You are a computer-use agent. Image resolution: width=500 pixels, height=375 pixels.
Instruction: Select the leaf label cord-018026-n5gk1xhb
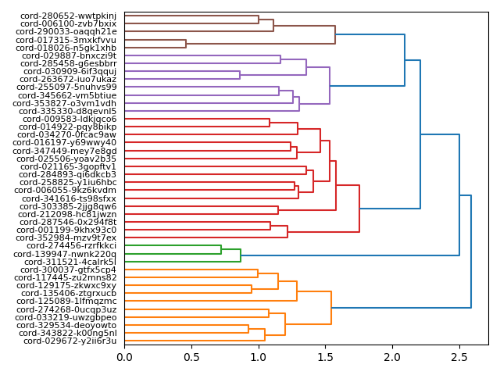(66, 48)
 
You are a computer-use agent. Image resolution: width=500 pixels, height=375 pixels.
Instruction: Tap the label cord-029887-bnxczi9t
(69, 55)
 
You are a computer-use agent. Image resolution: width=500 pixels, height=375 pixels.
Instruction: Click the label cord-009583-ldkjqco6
(68, 120)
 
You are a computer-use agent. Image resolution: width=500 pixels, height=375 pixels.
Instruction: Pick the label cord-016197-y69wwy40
(66, 143)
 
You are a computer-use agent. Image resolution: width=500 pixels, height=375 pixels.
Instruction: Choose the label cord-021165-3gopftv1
(68, 166)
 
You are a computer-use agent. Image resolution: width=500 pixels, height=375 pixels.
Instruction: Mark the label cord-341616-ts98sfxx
(68, 198)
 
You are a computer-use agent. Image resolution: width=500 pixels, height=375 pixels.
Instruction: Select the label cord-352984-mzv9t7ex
(66, 237)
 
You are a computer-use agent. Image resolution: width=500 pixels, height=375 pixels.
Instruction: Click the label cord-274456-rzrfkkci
(69, 245)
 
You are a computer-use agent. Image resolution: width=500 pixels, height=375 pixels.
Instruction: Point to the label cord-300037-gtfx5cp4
(68, 270)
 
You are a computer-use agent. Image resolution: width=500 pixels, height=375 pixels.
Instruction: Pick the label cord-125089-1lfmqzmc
(68, 302)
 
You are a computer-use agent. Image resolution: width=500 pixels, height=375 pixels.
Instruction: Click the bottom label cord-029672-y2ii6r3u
(70, 341)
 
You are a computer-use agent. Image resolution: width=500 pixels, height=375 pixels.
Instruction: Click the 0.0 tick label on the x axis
(124, 358)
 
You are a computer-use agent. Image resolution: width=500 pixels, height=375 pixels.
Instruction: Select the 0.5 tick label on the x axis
(191, 358)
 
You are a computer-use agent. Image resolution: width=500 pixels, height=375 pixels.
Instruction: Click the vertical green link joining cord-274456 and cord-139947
(221, 249)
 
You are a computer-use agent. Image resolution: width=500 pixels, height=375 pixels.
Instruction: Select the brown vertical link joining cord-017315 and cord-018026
(186, 44)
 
